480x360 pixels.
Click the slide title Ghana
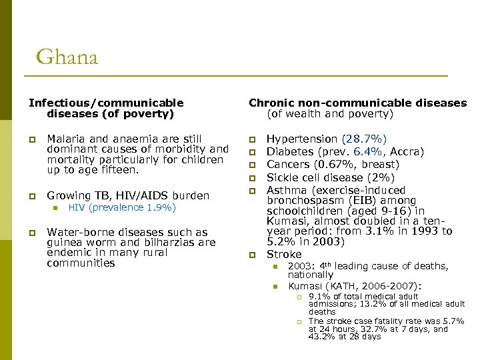(x=67, y=57)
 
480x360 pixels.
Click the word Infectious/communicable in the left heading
(x=105, y=103)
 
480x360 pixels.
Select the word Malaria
(x=66, y=139)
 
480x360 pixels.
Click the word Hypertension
(x=302, y=139)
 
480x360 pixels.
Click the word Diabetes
(x=291, y=151)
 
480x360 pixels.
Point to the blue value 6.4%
(x=365, y=151)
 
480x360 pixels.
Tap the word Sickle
(x=283, y=177)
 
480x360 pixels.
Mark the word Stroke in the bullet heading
(x=284, y=254)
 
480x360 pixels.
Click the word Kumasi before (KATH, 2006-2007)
(x=305, y=285)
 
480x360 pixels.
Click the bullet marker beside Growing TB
(x=31, y=196)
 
